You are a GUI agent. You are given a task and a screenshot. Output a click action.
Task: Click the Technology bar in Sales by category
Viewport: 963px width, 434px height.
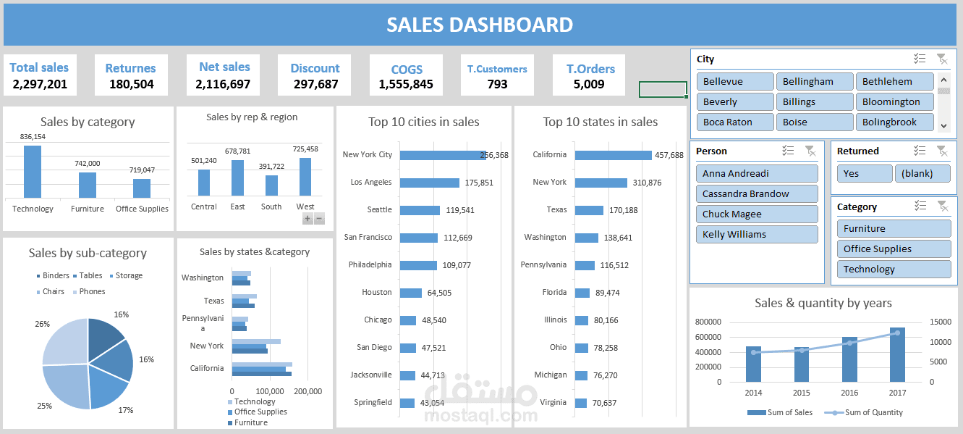(33, 172)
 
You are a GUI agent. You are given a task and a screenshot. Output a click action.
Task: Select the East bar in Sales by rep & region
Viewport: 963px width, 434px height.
(237, 178)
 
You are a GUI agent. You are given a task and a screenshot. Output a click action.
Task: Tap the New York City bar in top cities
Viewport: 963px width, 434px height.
(442, 155)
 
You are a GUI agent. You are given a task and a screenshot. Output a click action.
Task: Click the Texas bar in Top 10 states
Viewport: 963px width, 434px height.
(589, 210)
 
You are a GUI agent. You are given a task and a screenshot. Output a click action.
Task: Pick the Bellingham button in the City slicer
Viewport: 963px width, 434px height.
(814, 82)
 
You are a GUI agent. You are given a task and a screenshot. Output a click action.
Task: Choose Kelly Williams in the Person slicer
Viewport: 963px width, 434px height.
(757, 234)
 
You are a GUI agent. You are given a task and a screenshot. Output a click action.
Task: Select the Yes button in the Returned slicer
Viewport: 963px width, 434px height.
(865, 173)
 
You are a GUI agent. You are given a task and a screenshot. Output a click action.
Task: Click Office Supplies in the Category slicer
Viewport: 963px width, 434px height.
(894, 249)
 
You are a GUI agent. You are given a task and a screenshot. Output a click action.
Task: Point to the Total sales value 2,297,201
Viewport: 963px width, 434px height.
(40, 84)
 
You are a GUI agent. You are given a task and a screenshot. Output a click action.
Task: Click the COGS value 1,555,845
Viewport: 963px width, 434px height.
(406, 84)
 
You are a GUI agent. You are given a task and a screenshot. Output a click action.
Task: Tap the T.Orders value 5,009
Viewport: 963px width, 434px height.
(589, 84)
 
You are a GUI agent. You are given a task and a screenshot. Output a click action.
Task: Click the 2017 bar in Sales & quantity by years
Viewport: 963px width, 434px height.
(897, 355)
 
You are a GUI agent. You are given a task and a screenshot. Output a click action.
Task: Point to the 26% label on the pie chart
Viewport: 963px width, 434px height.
(42, 324)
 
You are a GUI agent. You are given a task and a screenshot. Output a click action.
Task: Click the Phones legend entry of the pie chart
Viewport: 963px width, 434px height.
(92, 291)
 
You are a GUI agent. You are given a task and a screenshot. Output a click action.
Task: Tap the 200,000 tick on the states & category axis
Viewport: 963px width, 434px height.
(308, 391)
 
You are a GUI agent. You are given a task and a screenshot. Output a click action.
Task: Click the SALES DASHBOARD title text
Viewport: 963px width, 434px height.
(480, 25)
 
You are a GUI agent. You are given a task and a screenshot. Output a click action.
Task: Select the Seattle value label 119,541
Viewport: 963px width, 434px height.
(460, 210)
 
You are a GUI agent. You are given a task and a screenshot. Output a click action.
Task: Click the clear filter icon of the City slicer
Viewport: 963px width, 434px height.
(941, 59)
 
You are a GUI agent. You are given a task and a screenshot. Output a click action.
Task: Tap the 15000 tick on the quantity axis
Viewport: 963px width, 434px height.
(940, 322)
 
